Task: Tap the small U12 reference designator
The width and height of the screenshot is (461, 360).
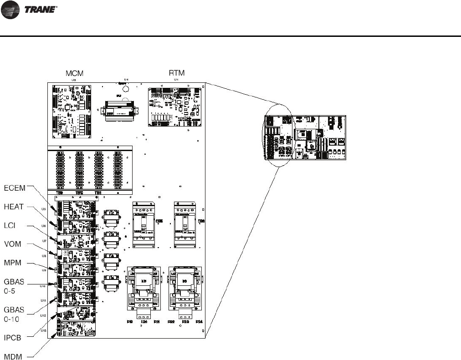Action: point(43,315)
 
